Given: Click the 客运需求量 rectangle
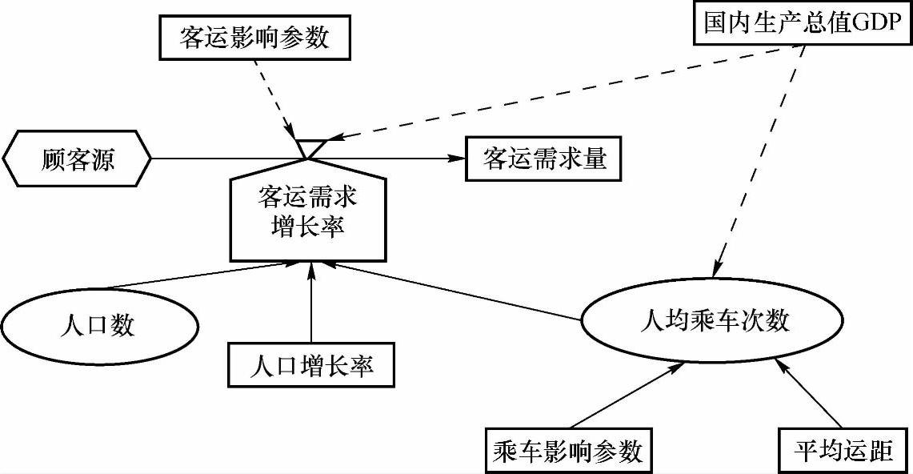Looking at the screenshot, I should tap(545, 159).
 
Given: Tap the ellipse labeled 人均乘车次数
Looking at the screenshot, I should tap(715, 322).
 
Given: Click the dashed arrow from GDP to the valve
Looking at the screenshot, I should tap(560, 90).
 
